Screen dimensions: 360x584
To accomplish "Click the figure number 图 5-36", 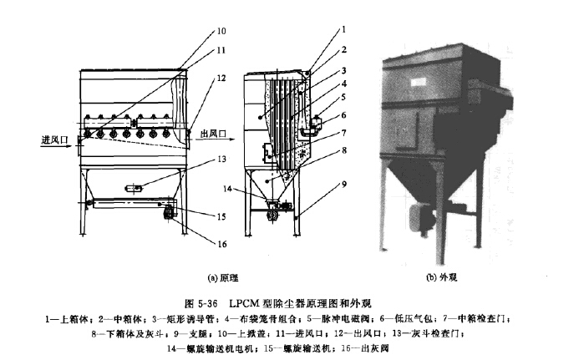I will [201, 302].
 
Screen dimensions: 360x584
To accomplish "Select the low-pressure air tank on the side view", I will [314, 124].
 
